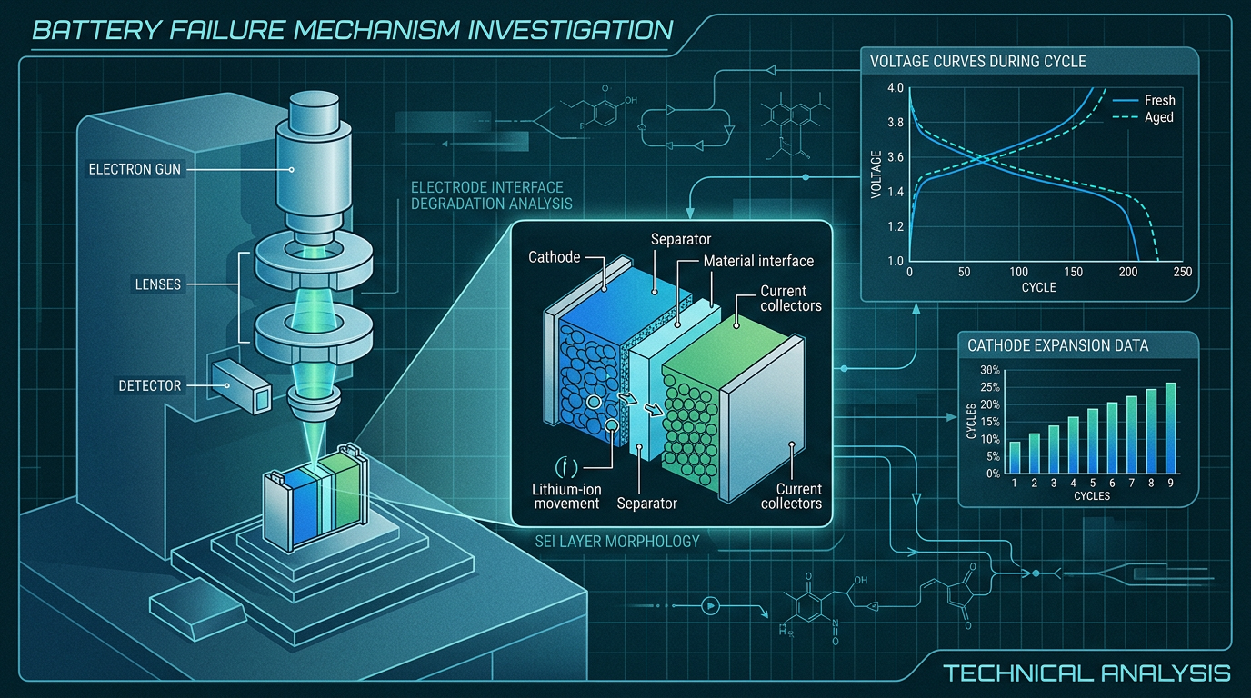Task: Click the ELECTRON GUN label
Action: [135, 169]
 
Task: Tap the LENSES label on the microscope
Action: [158, 284]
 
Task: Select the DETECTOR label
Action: [150, 385]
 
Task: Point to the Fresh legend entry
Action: [1144, 101]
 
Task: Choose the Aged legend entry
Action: [1143, 117]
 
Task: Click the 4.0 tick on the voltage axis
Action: [896, 87]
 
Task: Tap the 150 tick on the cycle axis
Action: [1073, 272]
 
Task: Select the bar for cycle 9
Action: [1171, 428]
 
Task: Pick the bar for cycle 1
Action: [1015, 458]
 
